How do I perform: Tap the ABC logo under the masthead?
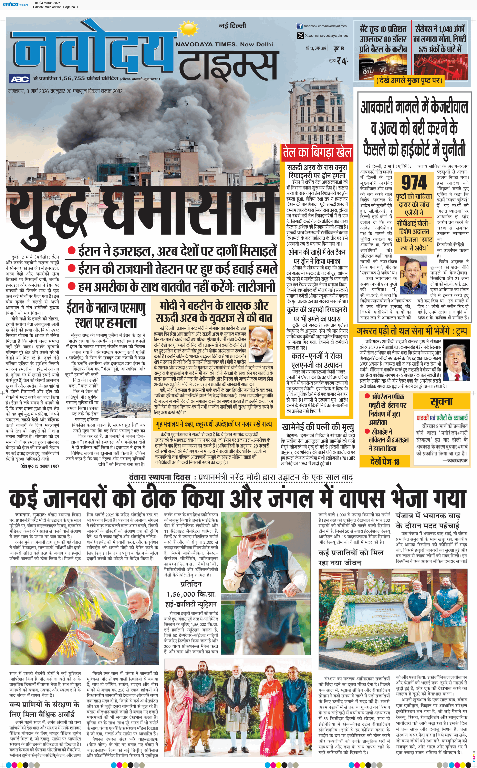tap(20, 79)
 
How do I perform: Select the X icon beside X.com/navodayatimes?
tap(300, 36)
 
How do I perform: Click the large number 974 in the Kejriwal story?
tap(414, 182)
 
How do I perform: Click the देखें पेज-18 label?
tap(385, 461)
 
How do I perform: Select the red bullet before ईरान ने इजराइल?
tap(72, 251)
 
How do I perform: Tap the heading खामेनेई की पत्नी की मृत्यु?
tap(318, 427)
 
